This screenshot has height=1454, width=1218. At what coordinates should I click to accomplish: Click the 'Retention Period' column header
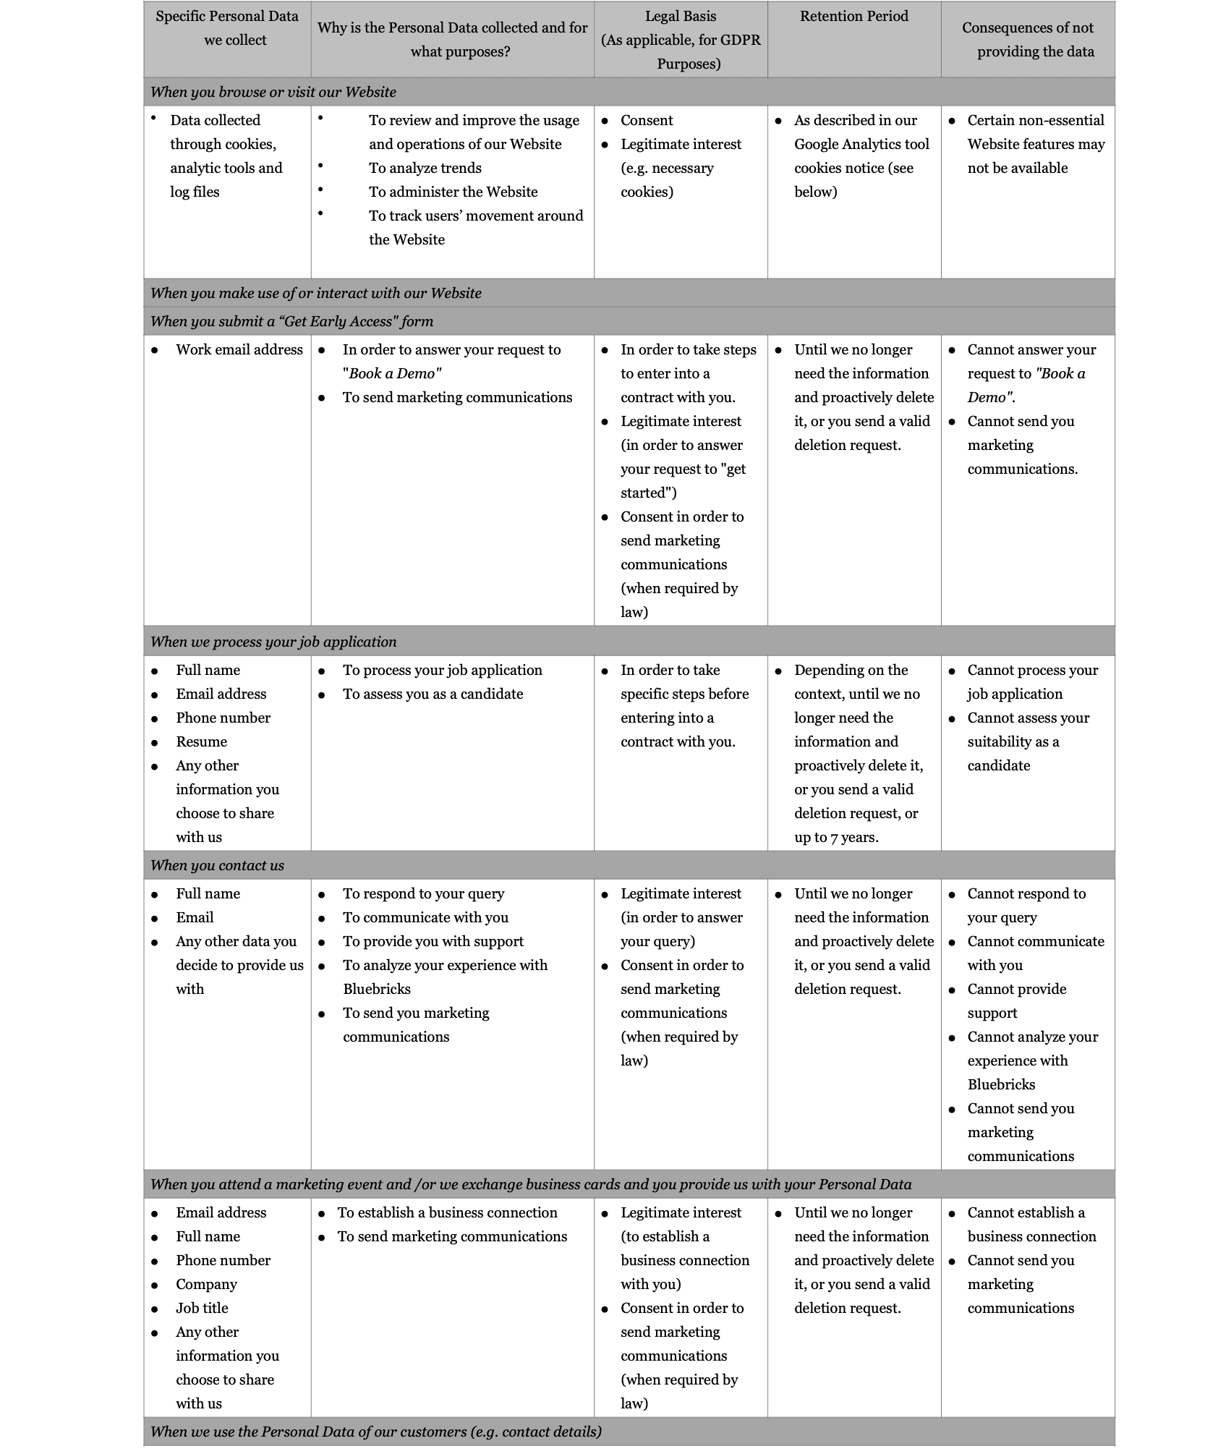[x=853, y=17]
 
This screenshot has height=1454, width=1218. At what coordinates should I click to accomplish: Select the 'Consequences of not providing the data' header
[x=1027, y=40]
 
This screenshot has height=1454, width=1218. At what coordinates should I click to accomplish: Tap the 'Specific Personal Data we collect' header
[x=227, y=28]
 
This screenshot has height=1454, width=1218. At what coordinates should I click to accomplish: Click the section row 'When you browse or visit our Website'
[x=273, y=93]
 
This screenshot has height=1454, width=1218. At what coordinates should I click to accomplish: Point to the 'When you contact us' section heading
[x=217, y=866]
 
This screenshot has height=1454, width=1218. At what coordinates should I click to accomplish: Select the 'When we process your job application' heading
[x=273, y=642]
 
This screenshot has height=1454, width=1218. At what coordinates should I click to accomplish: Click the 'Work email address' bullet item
[x=239, y=350]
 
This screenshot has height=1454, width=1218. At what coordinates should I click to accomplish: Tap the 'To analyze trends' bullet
[x=425, y=169]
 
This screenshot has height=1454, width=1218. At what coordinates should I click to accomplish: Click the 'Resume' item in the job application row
[x=201, y=742]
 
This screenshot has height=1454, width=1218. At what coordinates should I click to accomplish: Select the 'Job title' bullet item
[x=202, y=1309]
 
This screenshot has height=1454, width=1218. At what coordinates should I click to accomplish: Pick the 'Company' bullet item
[x=206, y=1285]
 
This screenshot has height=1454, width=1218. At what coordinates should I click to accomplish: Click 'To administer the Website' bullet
[x=453, y=192]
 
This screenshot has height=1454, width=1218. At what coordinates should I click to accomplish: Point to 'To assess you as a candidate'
[x=433, y=694]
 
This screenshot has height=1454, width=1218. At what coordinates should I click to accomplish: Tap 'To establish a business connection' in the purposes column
[x=447, y=1213]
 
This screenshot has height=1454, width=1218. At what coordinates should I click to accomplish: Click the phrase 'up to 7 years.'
[x=836, y=838]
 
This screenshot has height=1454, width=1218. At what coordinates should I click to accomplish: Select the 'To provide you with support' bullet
[x=433, y=942]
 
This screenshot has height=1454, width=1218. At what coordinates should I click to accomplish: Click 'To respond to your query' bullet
[x=423, y=894]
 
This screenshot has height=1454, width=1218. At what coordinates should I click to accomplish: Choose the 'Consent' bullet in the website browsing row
[x=647, y=121]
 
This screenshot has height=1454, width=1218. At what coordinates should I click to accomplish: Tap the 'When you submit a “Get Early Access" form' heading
[x=291, y=322]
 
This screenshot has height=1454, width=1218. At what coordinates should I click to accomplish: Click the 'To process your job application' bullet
[x=442, y=671]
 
